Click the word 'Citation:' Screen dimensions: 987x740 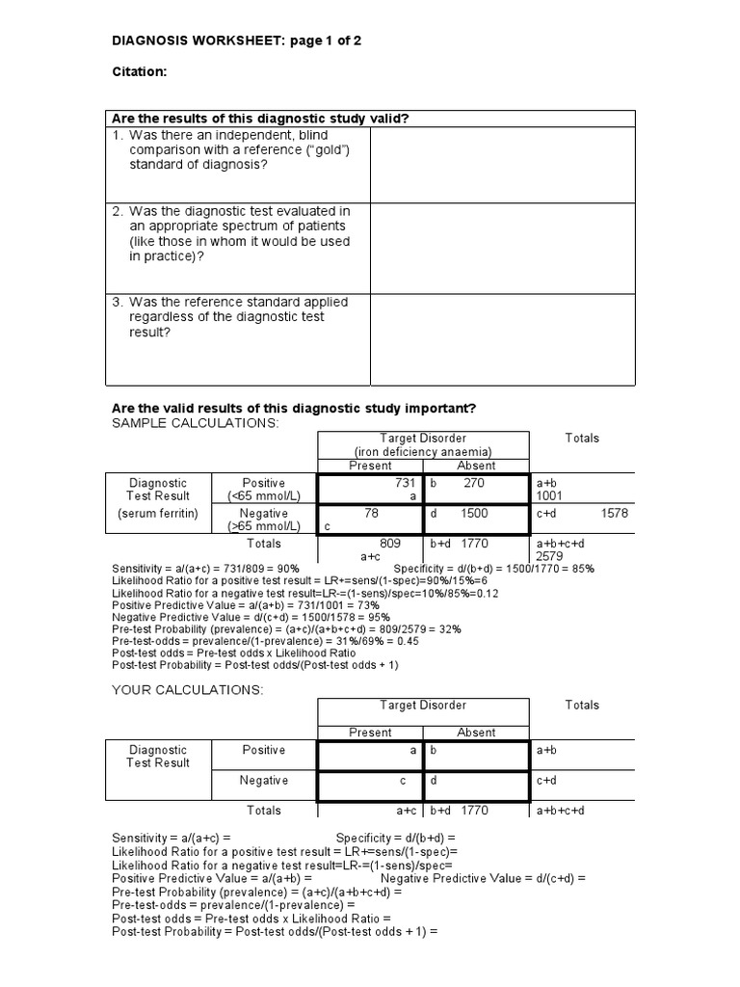(141, 72)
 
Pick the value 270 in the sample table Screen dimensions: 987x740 (474, 482)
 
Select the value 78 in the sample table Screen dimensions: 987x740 (371, 514)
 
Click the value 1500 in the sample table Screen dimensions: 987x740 (474, 514)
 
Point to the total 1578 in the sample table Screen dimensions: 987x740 (613, 514)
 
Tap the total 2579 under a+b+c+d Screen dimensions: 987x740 (550, 557)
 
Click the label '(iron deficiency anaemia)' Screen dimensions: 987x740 (423, 451)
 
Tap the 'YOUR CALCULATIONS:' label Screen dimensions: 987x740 (187, 690)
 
